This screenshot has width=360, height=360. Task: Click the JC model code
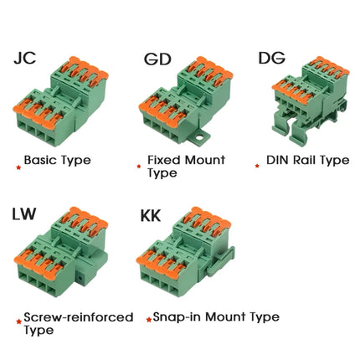point(25,58)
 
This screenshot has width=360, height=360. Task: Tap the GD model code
point(157,59)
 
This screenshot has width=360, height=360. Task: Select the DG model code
point(272,58)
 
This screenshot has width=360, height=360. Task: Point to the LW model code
point(24,213)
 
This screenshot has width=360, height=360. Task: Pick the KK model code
point(151,215)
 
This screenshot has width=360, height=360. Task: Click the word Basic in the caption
point(41,160)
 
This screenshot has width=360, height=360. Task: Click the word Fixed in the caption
point(164,160)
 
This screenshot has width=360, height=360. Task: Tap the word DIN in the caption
point(278,160)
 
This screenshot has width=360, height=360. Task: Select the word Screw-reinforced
point(79,317)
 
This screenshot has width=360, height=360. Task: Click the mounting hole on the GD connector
point(199,137)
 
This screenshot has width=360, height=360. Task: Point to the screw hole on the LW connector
point(80,278)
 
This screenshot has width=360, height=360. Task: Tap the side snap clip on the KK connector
point(220,261)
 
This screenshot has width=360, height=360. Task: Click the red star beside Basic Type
point(18,167)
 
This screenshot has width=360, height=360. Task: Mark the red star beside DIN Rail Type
point(257,166)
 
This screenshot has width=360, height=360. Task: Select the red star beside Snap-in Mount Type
point(149,320)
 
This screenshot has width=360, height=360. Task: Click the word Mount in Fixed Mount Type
point(205,160)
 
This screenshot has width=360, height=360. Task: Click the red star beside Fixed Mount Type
point(139,167)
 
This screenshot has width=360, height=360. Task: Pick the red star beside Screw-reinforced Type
point(19,321)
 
